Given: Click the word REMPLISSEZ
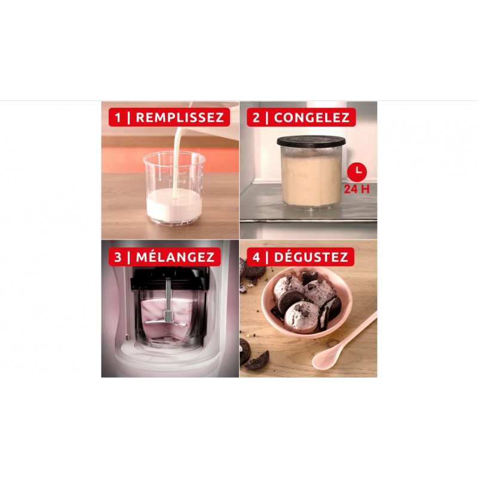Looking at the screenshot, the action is pyautogui.click(x=180, y=118).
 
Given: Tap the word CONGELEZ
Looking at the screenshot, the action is pyautogui.click(x=311, y=118).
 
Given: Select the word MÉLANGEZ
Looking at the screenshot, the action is pyautogui.click(x=175, y=257).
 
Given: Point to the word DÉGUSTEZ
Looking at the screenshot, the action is pyautogui.click(x=311, y=257).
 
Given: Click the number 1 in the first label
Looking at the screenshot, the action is pyautogui.click(x=118, y=118).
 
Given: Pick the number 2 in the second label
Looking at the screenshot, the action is pyautogui.click(x=256, y=118).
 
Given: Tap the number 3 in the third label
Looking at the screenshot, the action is pyautogui.click(x=118, y=258).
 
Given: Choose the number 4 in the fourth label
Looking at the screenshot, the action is pyautogui.click(x=256, y=258).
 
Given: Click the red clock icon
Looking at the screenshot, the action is pyautogui.click(x=357, y=172).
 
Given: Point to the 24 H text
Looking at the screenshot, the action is pyautogui.click(x=357, y=189).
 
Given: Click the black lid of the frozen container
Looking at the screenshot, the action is pyautogui.click(x=311, y=142).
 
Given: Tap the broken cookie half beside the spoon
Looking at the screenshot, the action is pyautogui.click(x=257, y=361).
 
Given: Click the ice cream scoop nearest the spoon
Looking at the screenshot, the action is pyautogui.click(x=302, y=317).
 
